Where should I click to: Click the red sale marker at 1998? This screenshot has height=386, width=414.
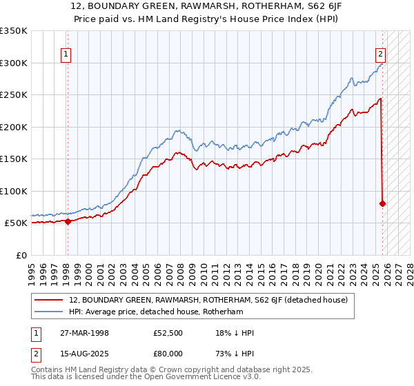point(68,221)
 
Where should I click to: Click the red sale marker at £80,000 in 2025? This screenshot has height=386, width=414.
point(382,203)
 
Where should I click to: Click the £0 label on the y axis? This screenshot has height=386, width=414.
point(22,255)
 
